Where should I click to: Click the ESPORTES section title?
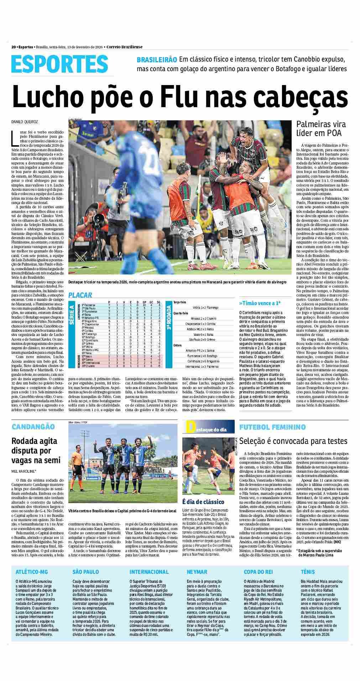click(60, 64)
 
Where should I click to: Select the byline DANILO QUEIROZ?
click(25, 122)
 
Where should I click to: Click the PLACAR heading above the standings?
click(80, 295)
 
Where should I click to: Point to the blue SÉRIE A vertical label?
click(72, 315)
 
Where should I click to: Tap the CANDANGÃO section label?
click(33, 426)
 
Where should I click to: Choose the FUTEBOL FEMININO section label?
click(272, 426)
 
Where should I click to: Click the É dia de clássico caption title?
click(203, 502)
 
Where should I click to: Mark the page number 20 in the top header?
click(13, 47)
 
